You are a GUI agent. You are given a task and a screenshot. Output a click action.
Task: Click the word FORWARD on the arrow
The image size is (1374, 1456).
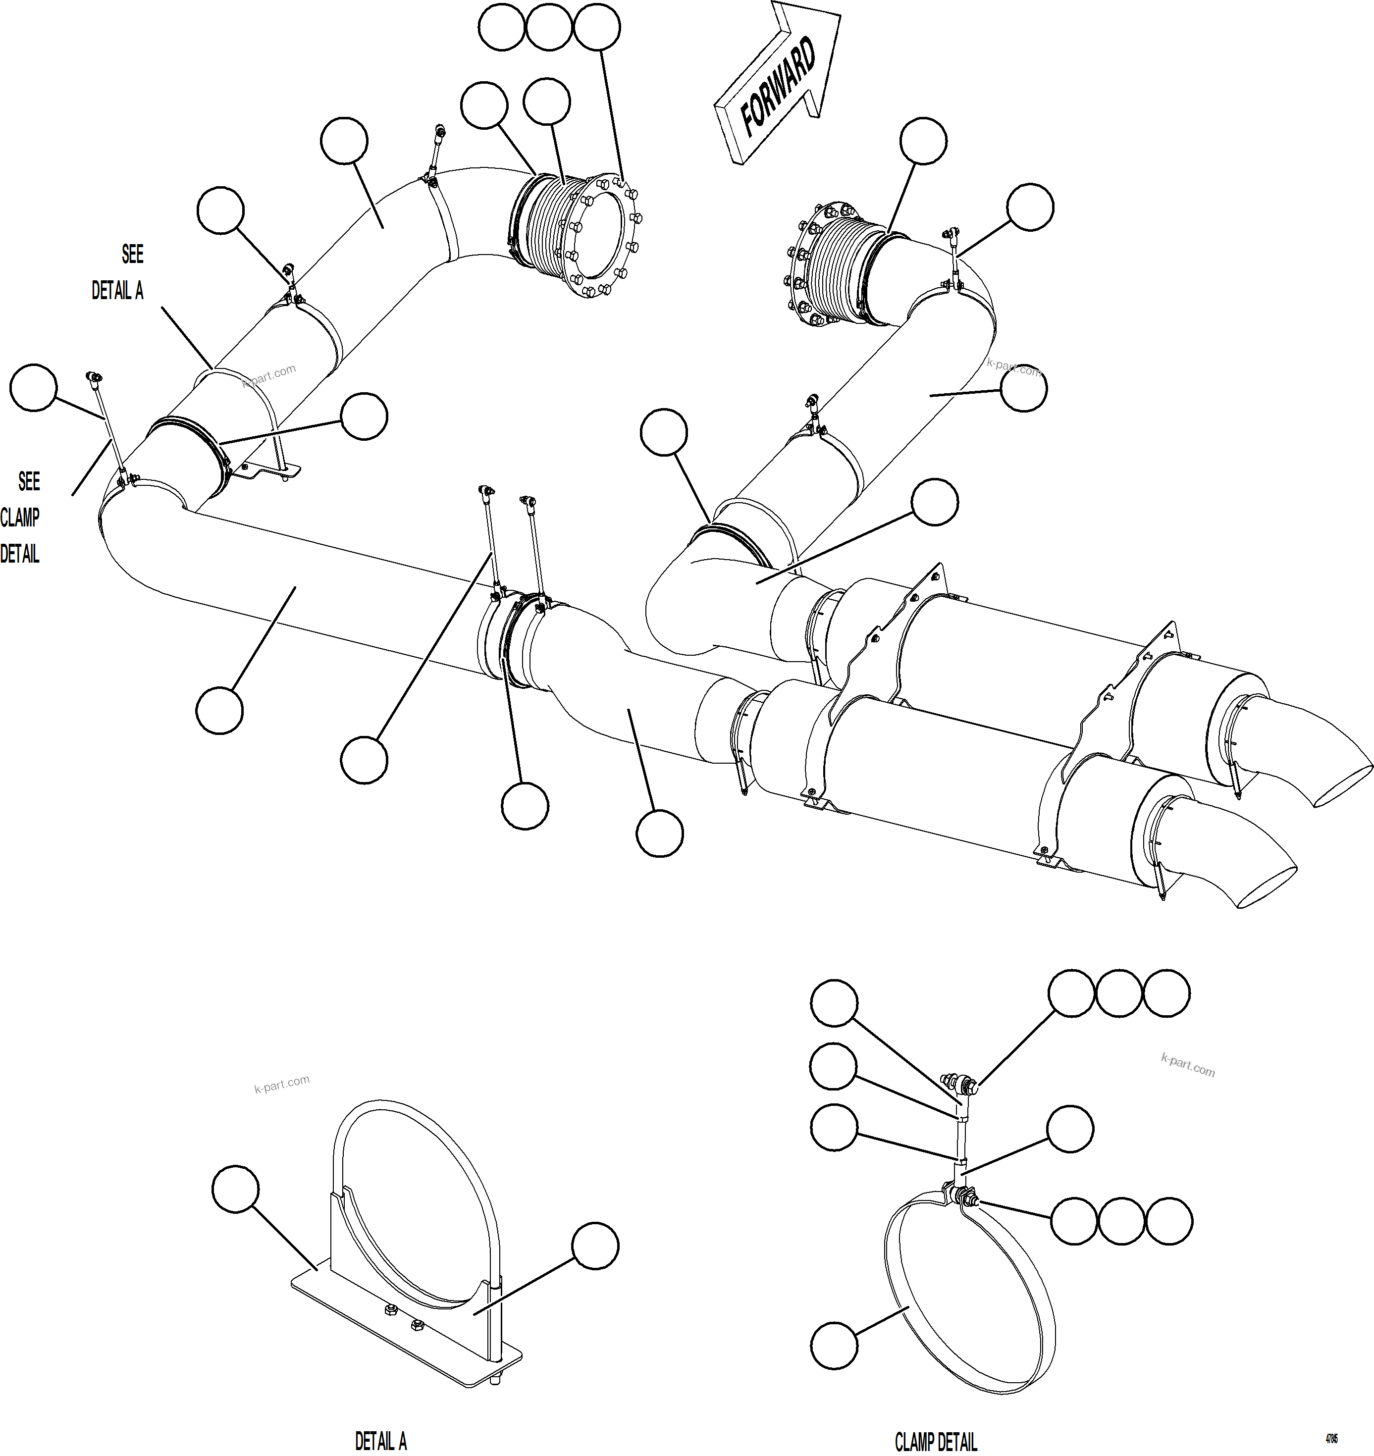(x=779, y=87)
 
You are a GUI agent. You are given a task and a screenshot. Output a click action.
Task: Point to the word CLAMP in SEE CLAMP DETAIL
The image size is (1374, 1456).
(x=20, y=518)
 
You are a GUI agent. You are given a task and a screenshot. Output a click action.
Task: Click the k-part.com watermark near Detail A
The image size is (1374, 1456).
(x=282, y=1084)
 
